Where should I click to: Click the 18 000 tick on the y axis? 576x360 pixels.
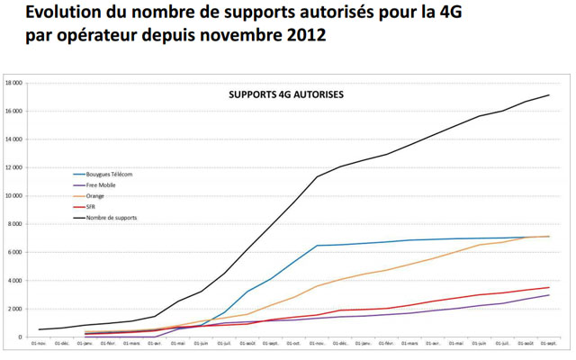[x=13, y=83]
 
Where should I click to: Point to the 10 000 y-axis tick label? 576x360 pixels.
[x=13, y=195]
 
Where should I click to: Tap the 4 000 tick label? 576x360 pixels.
[x=15, y=280]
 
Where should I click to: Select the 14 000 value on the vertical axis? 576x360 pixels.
[x=13, y=139]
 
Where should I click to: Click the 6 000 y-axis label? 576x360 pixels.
[x=15, y=252]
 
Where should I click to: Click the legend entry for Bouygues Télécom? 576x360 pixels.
[x=109, y=174]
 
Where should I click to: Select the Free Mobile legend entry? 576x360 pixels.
[x=101, y=184]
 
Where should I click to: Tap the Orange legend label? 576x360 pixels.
[x=94, y=195]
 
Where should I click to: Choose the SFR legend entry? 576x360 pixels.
[x=91, y=206]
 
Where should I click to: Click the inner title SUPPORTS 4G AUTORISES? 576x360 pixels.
[x=285, y=94]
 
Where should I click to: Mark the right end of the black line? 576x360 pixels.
[x=549, y=95]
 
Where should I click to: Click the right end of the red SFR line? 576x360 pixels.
[x=549, y=287]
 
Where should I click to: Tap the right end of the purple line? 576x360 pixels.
[x=549, y=295]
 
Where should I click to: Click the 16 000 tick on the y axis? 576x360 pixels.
[x=13, y=111]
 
